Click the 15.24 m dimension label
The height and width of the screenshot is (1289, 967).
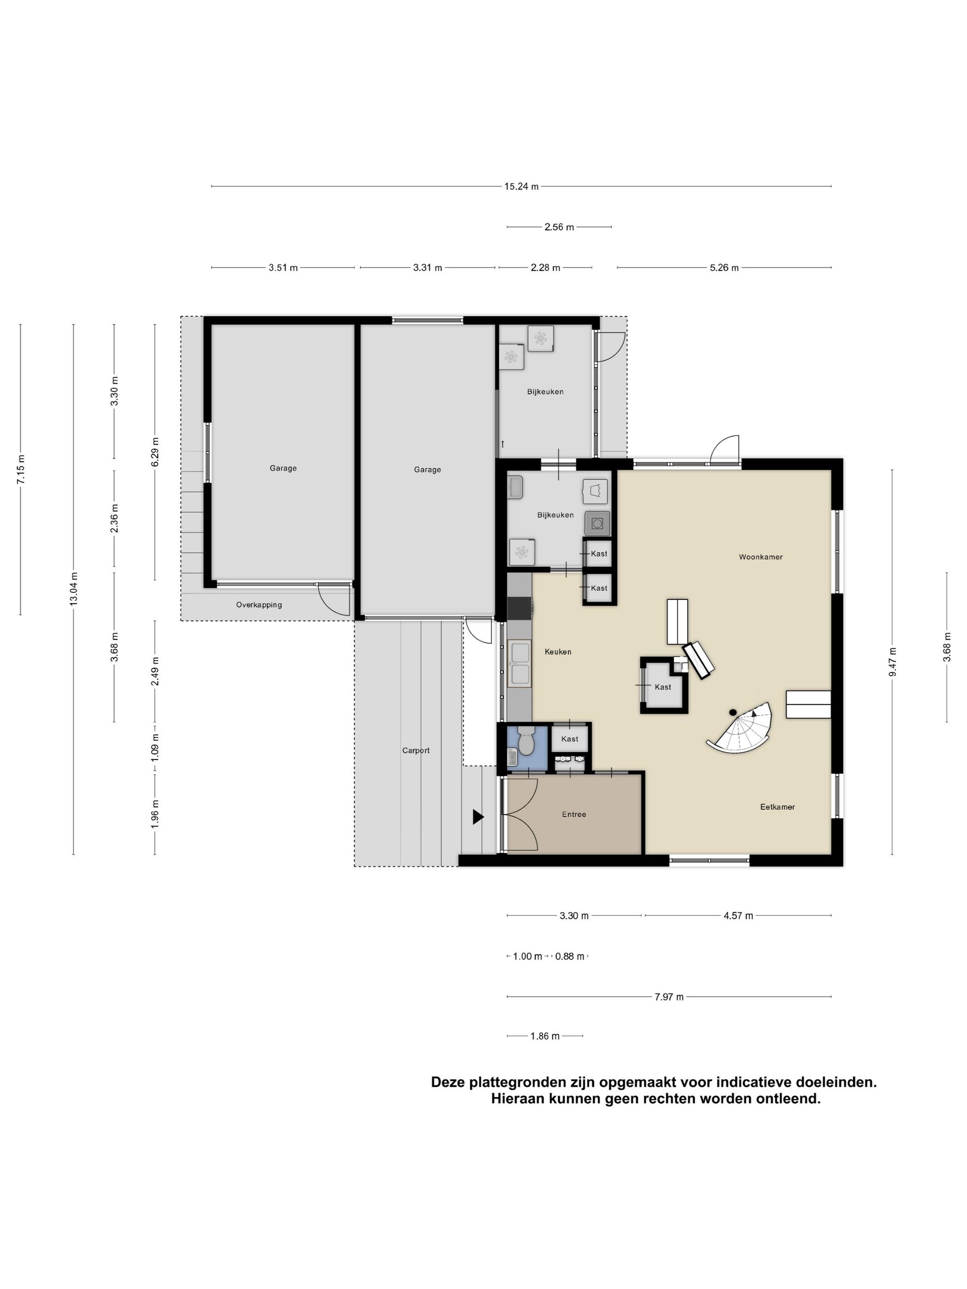click(x=521, y=186)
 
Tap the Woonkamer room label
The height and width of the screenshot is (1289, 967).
click(x=760, y=557)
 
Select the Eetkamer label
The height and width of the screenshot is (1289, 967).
click(x=777, y=807)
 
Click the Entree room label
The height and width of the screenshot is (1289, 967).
click(x=574, y=814)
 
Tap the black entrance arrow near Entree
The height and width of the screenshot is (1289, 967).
click(x=478, y=817)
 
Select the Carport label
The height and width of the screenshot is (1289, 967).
click(x=416, y=750)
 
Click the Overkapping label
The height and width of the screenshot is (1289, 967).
click(x=259, y=604)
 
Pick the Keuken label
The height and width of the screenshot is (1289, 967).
click(x=558, y=651)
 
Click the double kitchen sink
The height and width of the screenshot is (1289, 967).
click(x=519, y=662)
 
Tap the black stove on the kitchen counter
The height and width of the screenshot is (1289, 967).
click(x=519, y=608)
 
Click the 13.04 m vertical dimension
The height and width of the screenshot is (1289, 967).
click(x=73, y=588)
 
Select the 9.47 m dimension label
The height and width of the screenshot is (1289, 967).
click(x=892, y=662)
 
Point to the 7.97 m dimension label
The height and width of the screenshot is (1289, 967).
click(x=669, y=997)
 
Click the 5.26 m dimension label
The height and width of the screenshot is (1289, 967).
click(x=723, y=267)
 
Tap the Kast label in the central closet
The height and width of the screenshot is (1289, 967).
click(x=663, y=687)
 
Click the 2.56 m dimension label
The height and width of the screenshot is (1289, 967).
click(x=559, y=226)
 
